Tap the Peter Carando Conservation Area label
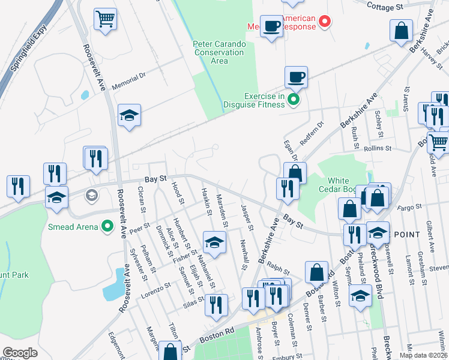click(219, 52)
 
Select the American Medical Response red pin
click(325, 22)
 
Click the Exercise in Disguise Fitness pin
click(294, 100)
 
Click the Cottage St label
click(384, 7)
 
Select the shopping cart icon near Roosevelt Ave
click(105, 18)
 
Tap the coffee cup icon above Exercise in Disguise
click(296, 76)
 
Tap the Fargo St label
click(411, 208)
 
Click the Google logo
click(20, 353)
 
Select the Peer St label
click(138, 228)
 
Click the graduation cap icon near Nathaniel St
click(214, 241)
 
